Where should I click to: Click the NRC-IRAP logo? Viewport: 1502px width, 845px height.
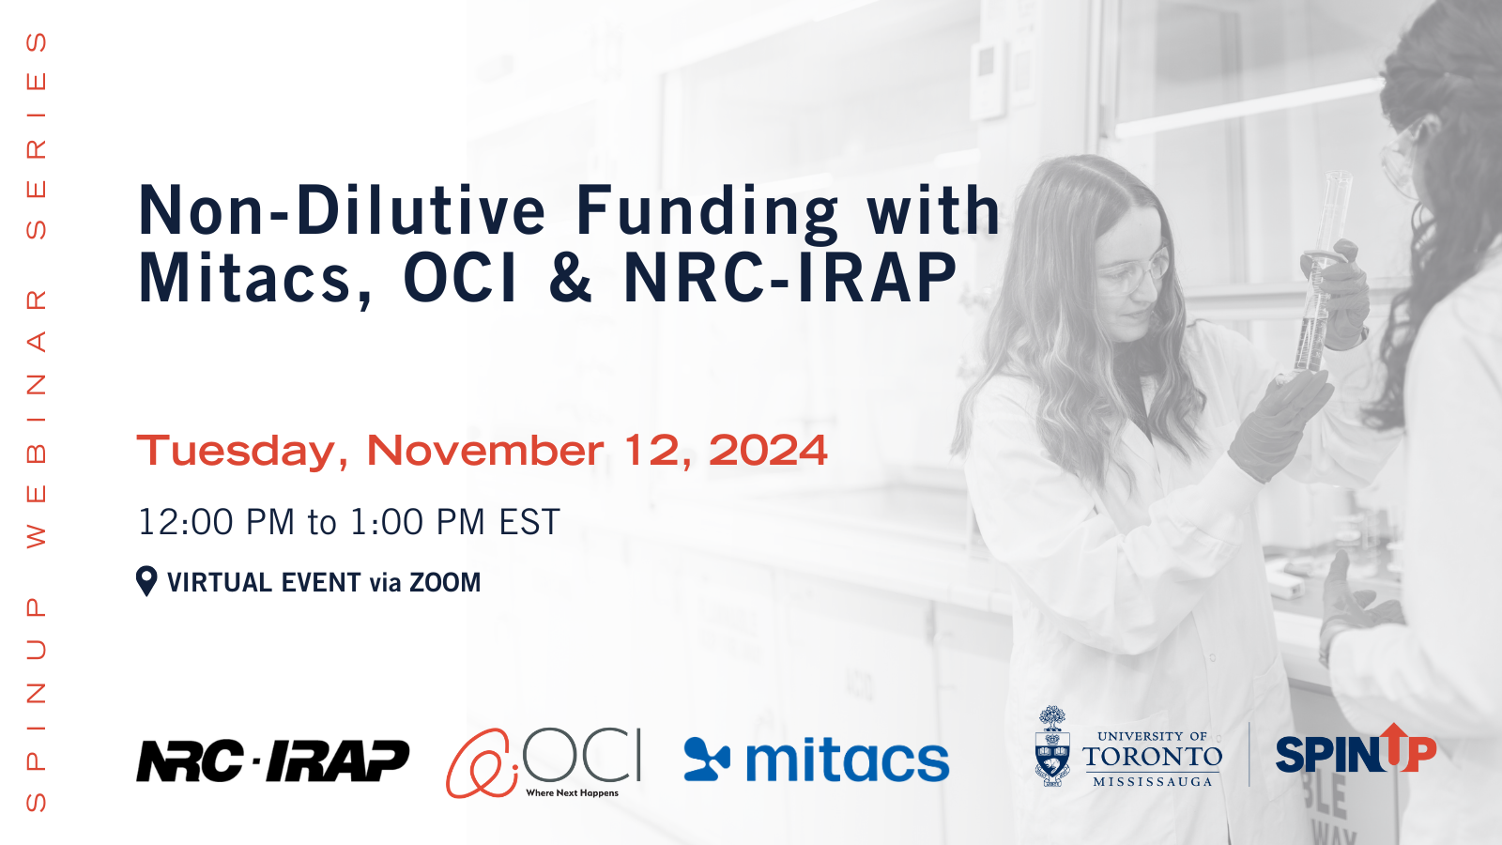[272, 760]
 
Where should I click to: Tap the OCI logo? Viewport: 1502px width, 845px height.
[544, 762]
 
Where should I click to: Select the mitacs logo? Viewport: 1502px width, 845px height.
[816, 760]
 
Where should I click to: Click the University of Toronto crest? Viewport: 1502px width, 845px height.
[1052, 745]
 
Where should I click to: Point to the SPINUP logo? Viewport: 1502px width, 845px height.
[1356, 749]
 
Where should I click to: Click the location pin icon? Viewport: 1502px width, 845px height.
[146, 581]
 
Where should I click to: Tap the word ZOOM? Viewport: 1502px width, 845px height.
[445, 582]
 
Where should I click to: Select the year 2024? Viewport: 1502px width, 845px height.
[769, 450]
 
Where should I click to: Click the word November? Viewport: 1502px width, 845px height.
[485, 450]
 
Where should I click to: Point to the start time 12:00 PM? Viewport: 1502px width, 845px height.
[216, 522]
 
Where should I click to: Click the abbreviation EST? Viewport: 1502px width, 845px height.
[529, 522]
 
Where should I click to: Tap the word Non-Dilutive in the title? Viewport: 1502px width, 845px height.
[342, 210]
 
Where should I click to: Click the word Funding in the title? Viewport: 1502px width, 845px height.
[707, 212]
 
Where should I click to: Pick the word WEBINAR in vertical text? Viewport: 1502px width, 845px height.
[37, 419]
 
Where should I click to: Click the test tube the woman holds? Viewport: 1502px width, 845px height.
[1321, 271]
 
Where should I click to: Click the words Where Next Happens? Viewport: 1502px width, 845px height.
[572, 792]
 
